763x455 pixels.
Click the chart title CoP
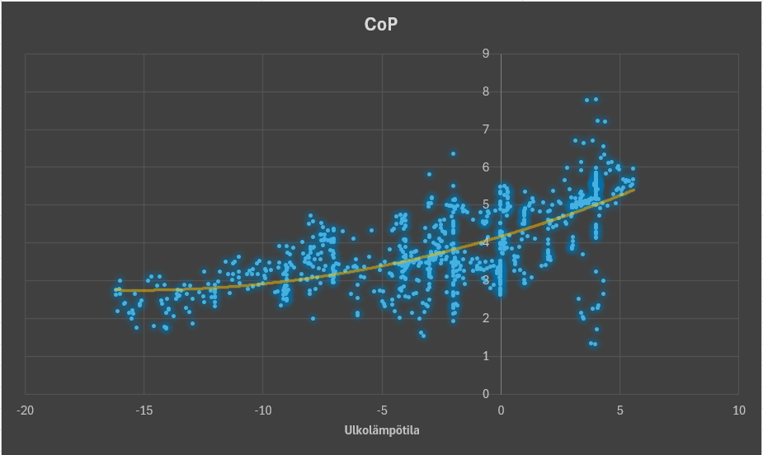[380, 25]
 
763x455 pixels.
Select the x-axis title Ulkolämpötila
[382, 430]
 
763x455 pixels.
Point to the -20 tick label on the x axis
[26, 410]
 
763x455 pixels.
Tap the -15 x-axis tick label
[144, 410]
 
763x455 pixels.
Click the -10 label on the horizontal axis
[263, 410]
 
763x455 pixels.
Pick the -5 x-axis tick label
[382, 410]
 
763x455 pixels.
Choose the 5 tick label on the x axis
[619, 410]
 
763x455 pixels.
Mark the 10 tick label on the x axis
[738, 410]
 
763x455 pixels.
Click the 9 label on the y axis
[487, 54]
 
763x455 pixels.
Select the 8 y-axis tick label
[487, 92]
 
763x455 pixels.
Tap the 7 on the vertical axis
[487, 130]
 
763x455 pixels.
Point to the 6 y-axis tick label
[487, 167]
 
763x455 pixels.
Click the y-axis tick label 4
[487, 243]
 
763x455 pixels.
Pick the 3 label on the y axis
[487, 281]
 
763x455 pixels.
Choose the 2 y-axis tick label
[487, 319]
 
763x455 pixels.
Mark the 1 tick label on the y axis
[487, 357]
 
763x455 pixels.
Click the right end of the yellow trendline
[633, 190]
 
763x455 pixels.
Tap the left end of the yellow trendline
[116, 290]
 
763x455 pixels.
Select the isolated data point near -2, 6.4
[453, 153]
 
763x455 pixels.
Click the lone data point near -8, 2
[313, 318]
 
